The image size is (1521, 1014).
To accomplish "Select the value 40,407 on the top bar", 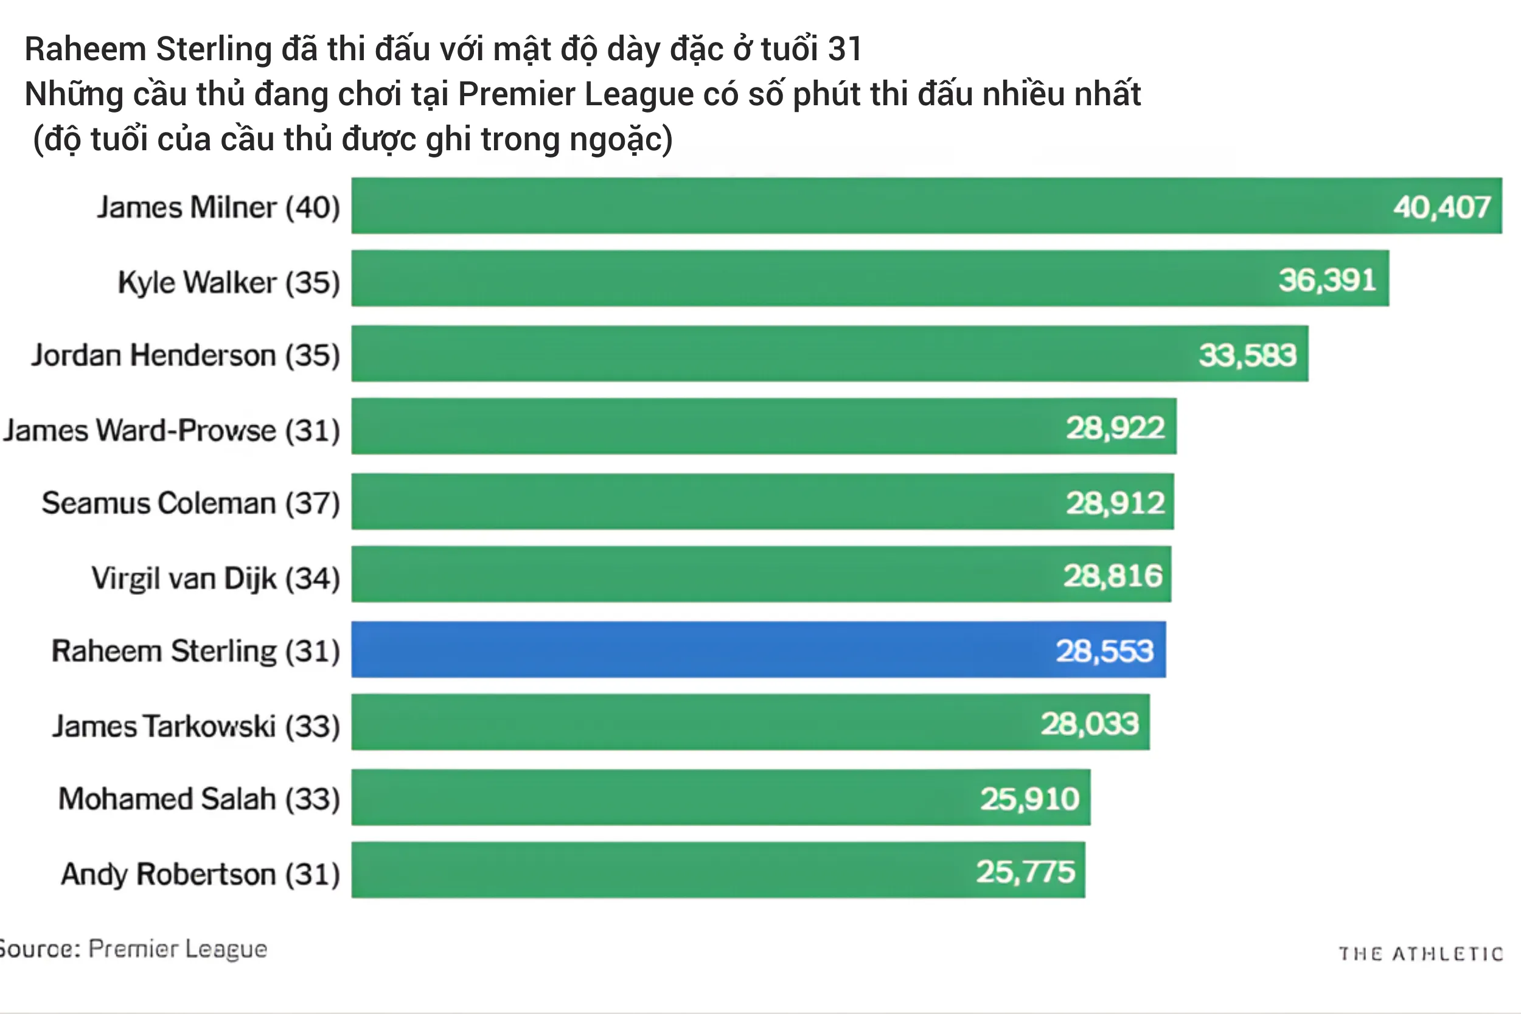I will pos(1441,207).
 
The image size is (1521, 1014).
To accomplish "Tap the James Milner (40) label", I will pos(218,207).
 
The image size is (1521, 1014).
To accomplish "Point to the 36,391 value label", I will pos(1327,280).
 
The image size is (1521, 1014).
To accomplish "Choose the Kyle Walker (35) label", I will pos(229,283).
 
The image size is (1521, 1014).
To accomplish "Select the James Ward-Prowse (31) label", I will pos(172,430).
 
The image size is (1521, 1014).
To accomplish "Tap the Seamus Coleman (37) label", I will pos(191,503).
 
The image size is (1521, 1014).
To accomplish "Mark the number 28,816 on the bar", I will pos(1113,575).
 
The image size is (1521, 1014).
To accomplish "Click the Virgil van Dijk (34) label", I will pos(216,578).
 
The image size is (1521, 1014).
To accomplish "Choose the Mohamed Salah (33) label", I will pos(199,799).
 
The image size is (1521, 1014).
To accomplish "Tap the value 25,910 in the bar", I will pos(1029,799).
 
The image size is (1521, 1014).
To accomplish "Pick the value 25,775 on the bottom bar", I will pos(1025,872).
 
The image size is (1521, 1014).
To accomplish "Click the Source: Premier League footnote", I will pos(133,949).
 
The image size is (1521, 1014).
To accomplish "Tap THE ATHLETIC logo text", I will pos(1420,954).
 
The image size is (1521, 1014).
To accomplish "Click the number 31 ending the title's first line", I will pos(844,49).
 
